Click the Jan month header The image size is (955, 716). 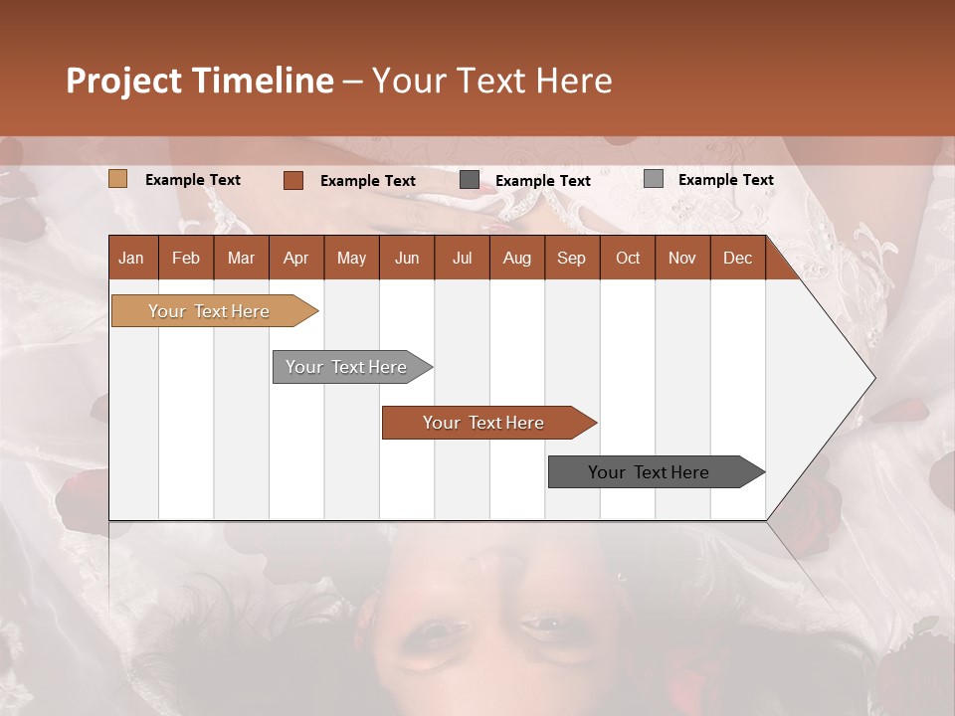point(131,258)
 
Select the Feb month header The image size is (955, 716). point(186,258)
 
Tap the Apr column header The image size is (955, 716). point(295,258)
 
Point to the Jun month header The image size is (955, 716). point(407,258)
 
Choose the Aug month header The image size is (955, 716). point(516,258)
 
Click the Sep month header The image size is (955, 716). point(571,258)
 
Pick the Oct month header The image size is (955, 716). point(628,258)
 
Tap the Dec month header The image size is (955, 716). point(737,258)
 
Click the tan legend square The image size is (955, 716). point(117,179)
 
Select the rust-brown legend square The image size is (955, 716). point(292,180)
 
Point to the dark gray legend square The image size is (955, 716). point(469,180)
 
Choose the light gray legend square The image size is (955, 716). point(653,179)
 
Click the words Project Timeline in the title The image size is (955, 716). point(200,81)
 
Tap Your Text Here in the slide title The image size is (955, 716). point(491,81)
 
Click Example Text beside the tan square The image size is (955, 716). point(193,180)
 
